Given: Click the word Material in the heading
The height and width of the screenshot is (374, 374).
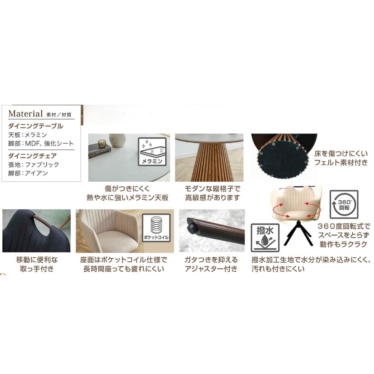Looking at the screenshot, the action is point(25,114).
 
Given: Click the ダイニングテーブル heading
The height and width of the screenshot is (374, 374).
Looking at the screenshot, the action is point(36,126).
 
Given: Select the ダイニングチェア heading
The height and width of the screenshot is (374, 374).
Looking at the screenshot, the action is point(33,156).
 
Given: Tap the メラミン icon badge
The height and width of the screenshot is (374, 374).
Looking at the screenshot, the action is point(152,151).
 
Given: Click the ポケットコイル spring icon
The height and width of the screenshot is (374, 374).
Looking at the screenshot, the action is point(156,228).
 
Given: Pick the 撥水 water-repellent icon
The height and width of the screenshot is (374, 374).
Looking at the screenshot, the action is point(265,237).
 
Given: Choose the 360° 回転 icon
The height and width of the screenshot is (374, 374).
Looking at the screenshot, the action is point(344,204).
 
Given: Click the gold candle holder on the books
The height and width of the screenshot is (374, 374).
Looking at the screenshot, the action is point(102,144).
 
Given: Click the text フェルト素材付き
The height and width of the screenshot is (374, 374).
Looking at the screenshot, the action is point(341,163).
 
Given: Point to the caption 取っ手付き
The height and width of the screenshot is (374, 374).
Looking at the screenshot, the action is point(37,269).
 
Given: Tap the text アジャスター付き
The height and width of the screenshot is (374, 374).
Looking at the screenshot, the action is point(211,269).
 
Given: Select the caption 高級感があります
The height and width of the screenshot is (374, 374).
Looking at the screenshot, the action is point(212,197).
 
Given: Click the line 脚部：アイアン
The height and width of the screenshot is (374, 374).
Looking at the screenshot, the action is point(28,173).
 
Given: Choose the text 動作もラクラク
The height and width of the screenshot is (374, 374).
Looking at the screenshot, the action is point(343,244).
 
